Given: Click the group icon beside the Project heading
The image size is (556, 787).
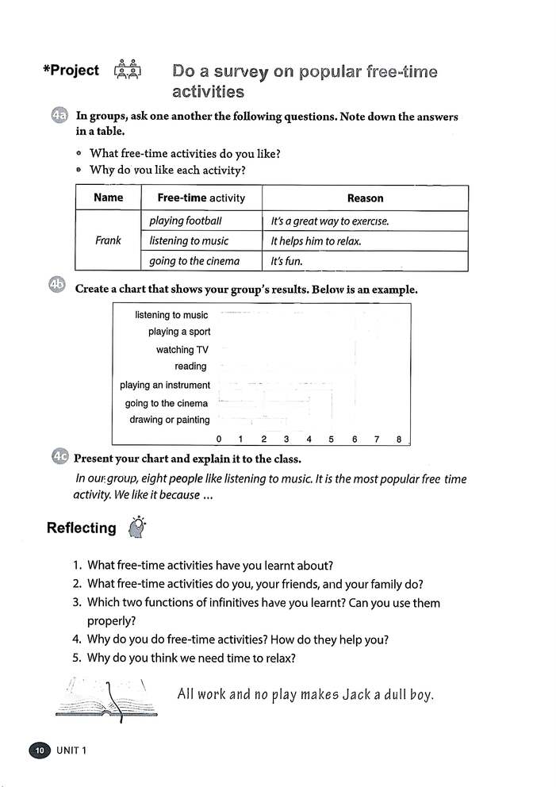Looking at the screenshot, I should (128, 71).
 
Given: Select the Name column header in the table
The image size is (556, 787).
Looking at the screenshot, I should (108, 198).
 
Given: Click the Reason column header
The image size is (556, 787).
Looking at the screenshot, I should (365, 198).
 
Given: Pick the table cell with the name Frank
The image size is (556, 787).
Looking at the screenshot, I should (108, 240).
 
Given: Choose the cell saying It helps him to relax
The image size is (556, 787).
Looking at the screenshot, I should (316, 241).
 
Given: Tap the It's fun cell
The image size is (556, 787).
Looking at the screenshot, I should (286, 261).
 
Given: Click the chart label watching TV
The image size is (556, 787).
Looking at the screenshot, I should (182, 350).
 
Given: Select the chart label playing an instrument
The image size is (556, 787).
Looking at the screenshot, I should (165, 385).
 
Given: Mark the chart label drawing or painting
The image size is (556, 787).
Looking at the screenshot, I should (170, 420).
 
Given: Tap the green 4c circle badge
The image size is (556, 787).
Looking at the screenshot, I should (59, 457).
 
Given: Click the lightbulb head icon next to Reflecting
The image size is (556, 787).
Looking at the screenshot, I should (137, 528).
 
